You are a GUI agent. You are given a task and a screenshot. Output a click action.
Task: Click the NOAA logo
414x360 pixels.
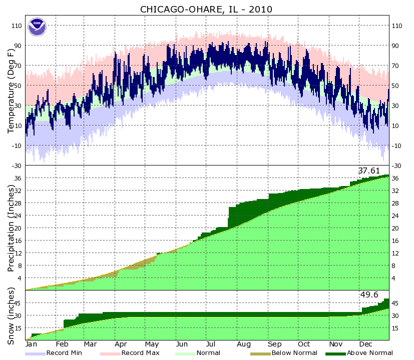tap(37, 26)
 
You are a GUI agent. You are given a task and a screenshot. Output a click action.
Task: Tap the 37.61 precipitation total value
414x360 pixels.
tap(369, 171)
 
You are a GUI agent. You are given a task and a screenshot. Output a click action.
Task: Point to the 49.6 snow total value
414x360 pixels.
tap(369, 295)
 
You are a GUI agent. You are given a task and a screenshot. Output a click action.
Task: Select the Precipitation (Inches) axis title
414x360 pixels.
tap(11, 228)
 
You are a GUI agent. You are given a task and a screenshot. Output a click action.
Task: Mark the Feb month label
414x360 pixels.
tap(62, 344)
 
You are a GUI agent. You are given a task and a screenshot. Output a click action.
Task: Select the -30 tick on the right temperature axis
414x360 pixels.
tap(397, 165)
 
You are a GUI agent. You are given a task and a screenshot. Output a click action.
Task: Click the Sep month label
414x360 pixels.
tap(274, 344)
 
